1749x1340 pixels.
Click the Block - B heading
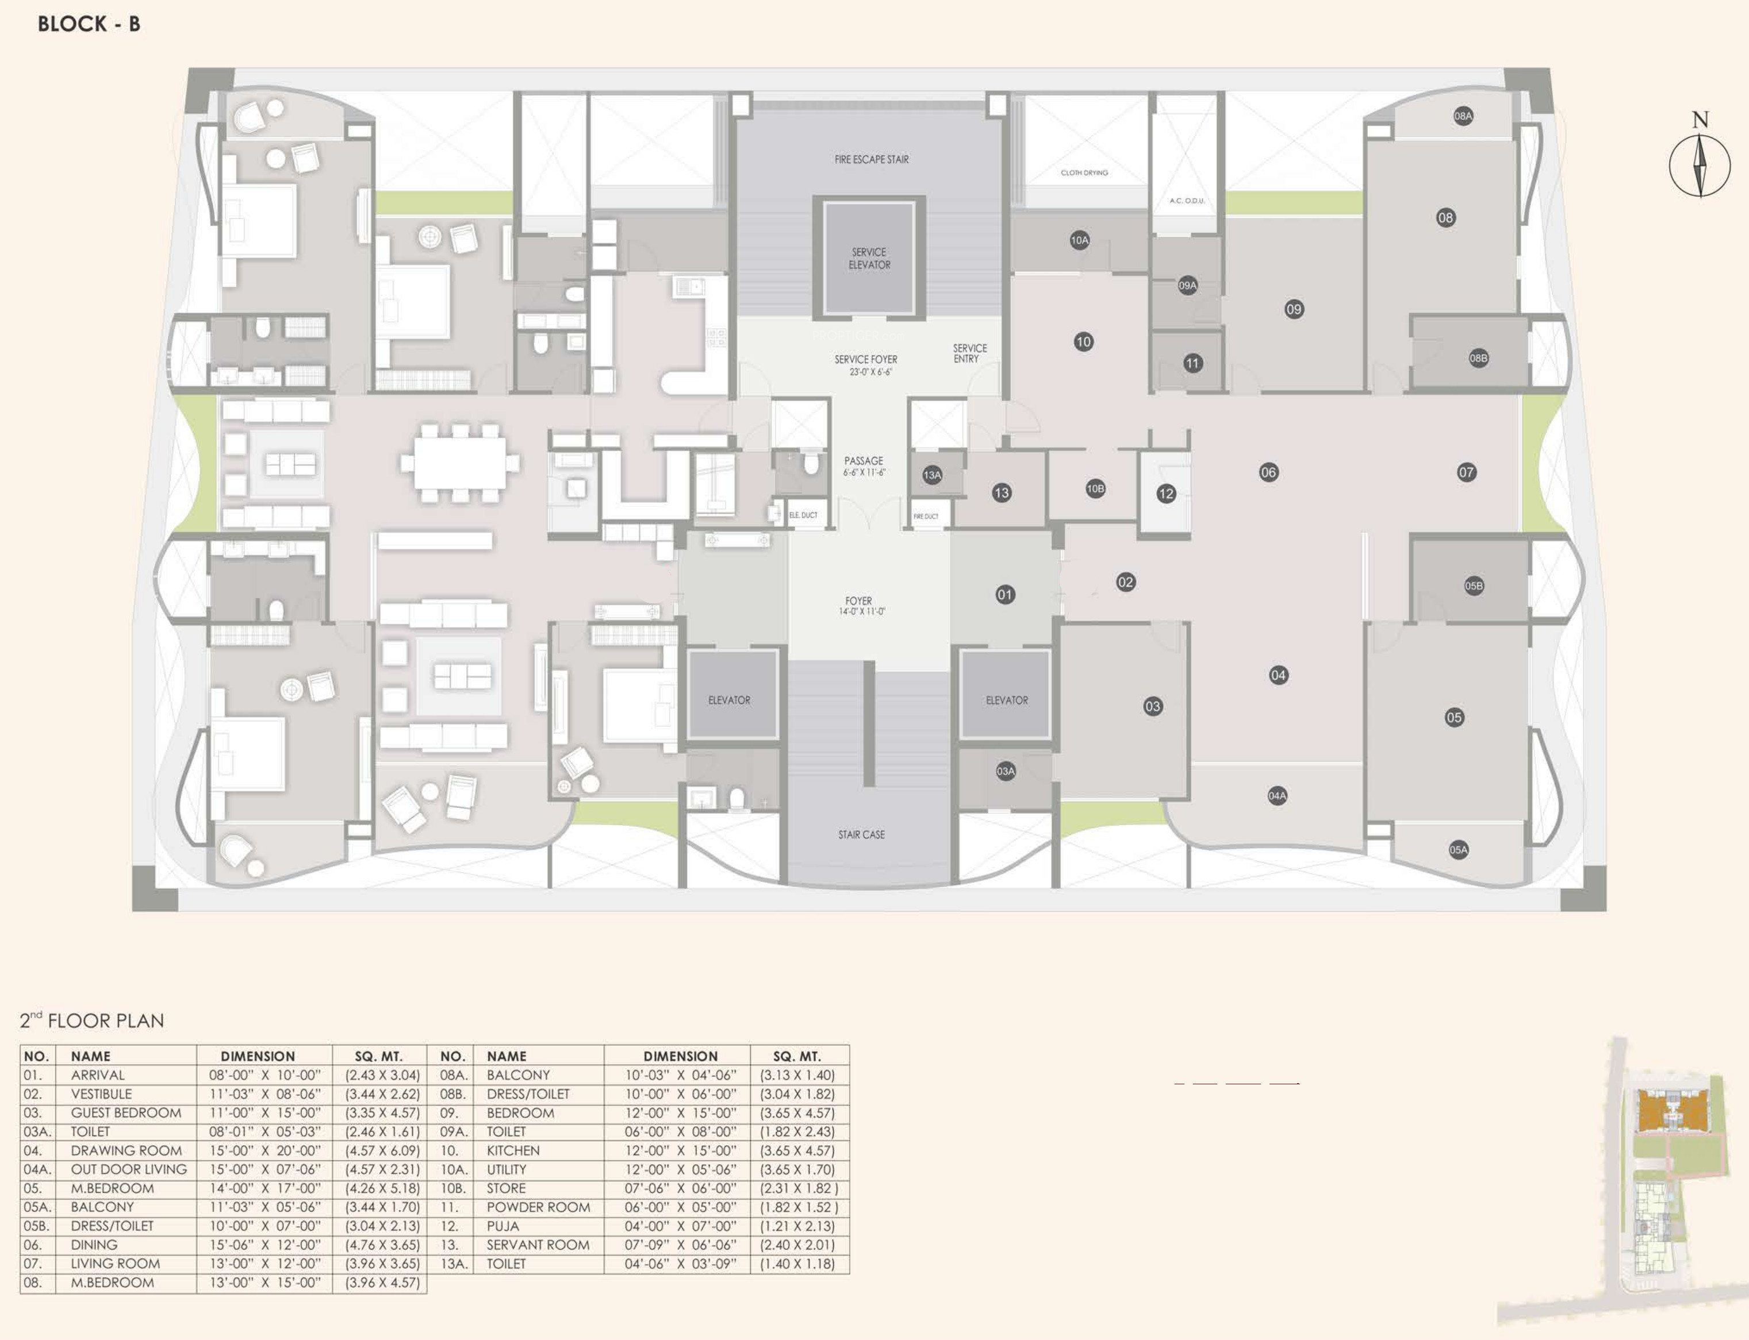click(89, 24)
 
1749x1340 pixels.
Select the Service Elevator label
click(869, 259)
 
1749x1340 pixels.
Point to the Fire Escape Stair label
click(871, 160)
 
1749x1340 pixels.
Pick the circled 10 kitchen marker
click(1083, 342)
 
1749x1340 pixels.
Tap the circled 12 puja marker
click(1166, 494)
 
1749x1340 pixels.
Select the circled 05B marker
click(1474, 586)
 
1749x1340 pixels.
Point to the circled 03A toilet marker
click(1006, 771)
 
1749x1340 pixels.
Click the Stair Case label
click(861, 835)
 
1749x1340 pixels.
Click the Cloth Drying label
click(1084, 172)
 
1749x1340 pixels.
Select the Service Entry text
click(969, 353)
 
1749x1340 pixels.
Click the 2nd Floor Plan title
click(92, 1020)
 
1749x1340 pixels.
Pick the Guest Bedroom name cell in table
click(126, 1112)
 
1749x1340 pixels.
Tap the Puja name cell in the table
click(503, 1226)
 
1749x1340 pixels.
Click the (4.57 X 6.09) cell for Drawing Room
click(382, 1151)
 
